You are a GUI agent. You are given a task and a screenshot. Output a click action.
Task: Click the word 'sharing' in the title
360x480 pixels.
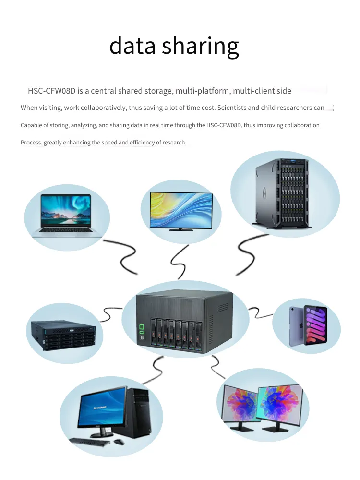coord(200,46)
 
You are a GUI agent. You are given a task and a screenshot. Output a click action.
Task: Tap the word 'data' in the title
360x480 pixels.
coord(132,45)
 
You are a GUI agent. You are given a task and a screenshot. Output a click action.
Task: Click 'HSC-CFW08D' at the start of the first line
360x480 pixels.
coord(52,91)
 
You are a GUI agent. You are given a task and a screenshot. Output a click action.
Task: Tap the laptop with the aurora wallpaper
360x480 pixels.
coord(67,216)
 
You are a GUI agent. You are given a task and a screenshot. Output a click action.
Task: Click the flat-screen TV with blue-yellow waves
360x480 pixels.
coord(181,212)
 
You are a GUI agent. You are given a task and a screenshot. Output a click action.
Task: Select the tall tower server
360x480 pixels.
coord(282,193)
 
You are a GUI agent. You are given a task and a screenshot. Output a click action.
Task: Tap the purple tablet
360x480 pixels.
coord(308,325)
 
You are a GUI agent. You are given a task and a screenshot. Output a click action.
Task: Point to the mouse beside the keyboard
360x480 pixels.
coord(120,442)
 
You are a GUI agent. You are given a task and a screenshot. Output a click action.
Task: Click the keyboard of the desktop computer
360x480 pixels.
coord(90,442)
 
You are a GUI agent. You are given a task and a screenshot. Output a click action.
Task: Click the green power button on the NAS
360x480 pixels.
coord(142,327)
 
